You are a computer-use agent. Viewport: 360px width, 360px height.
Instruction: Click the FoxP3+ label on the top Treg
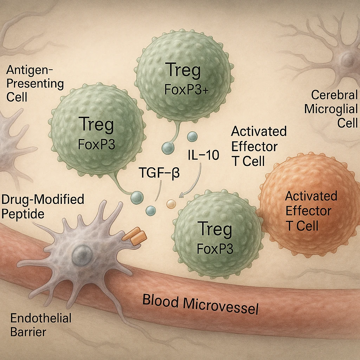(x=186, y=90)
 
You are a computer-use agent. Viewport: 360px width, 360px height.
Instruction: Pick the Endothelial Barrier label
(x=41, y=325)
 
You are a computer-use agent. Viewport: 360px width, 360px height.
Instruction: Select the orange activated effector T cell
(x=309, y=200)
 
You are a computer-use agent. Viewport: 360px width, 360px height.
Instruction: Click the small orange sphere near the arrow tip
(x=171, y=204)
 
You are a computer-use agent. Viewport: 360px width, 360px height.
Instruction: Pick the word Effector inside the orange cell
(x=308, y=211)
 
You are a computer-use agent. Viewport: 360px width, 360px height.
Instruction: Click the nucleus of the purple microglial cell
(x=348, y=58)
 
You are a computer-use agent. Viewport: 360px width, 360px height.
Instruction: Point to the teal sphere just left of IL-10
(x=168, y=148)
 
